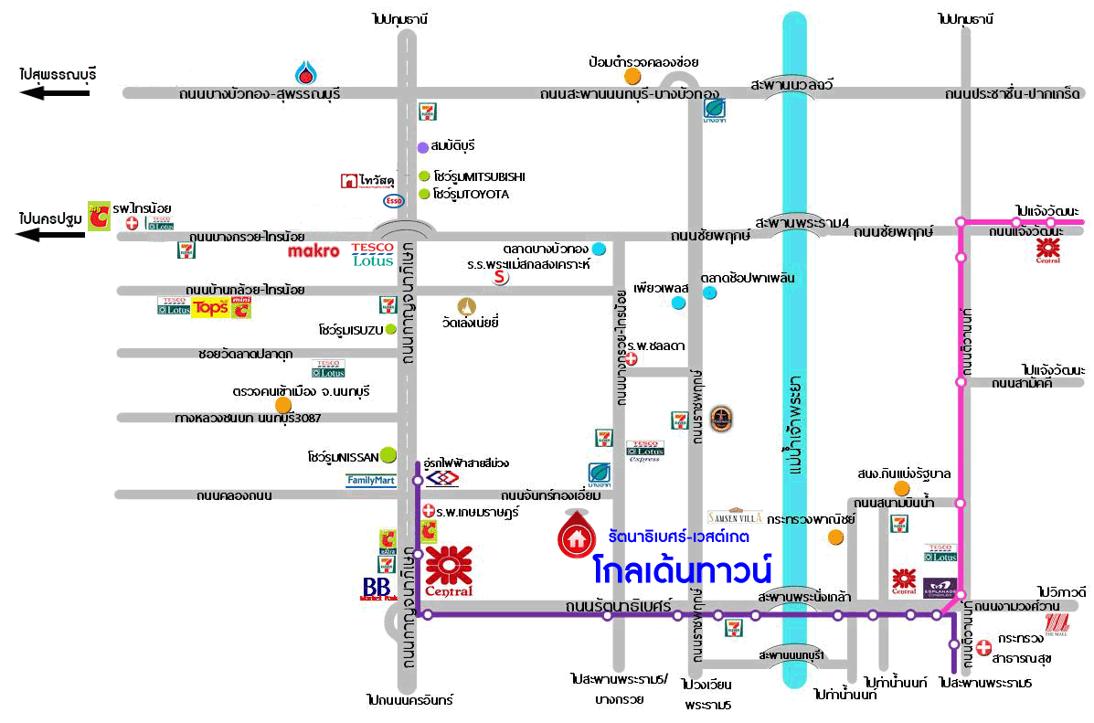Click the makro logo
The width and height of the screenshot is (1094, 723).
pos(313,250)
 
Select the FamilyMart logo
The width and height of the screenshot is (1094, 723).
pos(371,480)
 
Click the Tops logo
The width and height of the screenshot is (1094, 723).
pos(209,307)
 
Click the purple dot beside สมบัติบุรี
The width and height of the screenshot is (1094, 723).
pos(422,147)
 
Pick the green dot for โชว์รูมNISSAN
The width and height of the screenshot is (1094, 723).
pos(388,453)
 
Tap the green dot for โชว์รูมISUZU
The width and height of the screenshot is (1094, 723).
pos(390,329)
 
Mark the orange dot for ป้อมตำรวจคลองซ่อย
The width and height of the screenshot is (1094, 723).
pos(632,77)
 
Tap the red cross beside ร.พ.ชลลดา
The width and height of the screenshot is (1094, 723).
pos(630,359)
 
